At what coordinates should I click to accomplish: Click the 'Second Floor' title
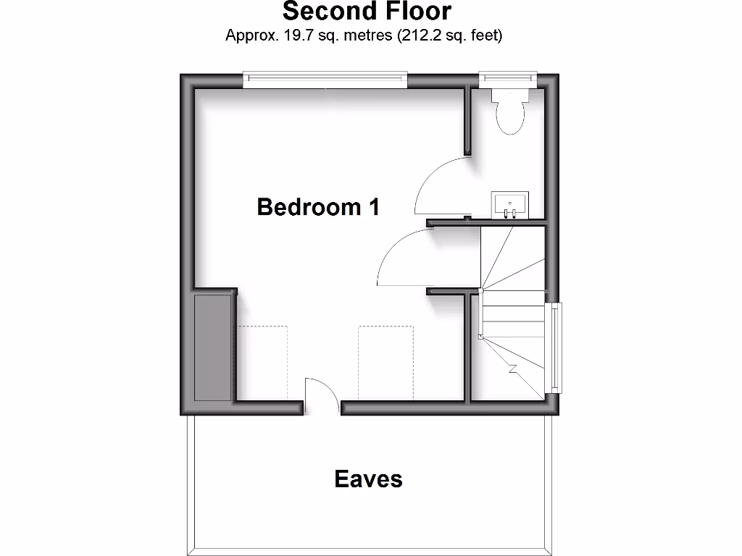pos(367,12)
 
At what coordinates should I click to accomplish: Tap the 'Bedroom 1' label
pos(318,207)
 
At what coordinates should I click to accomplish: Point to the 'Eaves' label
pos(368,479)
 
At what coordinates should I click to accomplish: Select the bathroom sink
pos(509,204)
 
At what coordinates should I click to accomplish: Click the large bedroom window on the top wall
pos(325,80)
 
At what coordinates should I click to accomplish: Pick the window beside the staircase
pos(555,347)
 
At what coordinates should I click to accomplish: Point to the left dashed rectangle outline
pos(263,362)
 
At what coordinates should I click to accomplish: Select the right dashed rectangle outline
pos(385,362)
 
